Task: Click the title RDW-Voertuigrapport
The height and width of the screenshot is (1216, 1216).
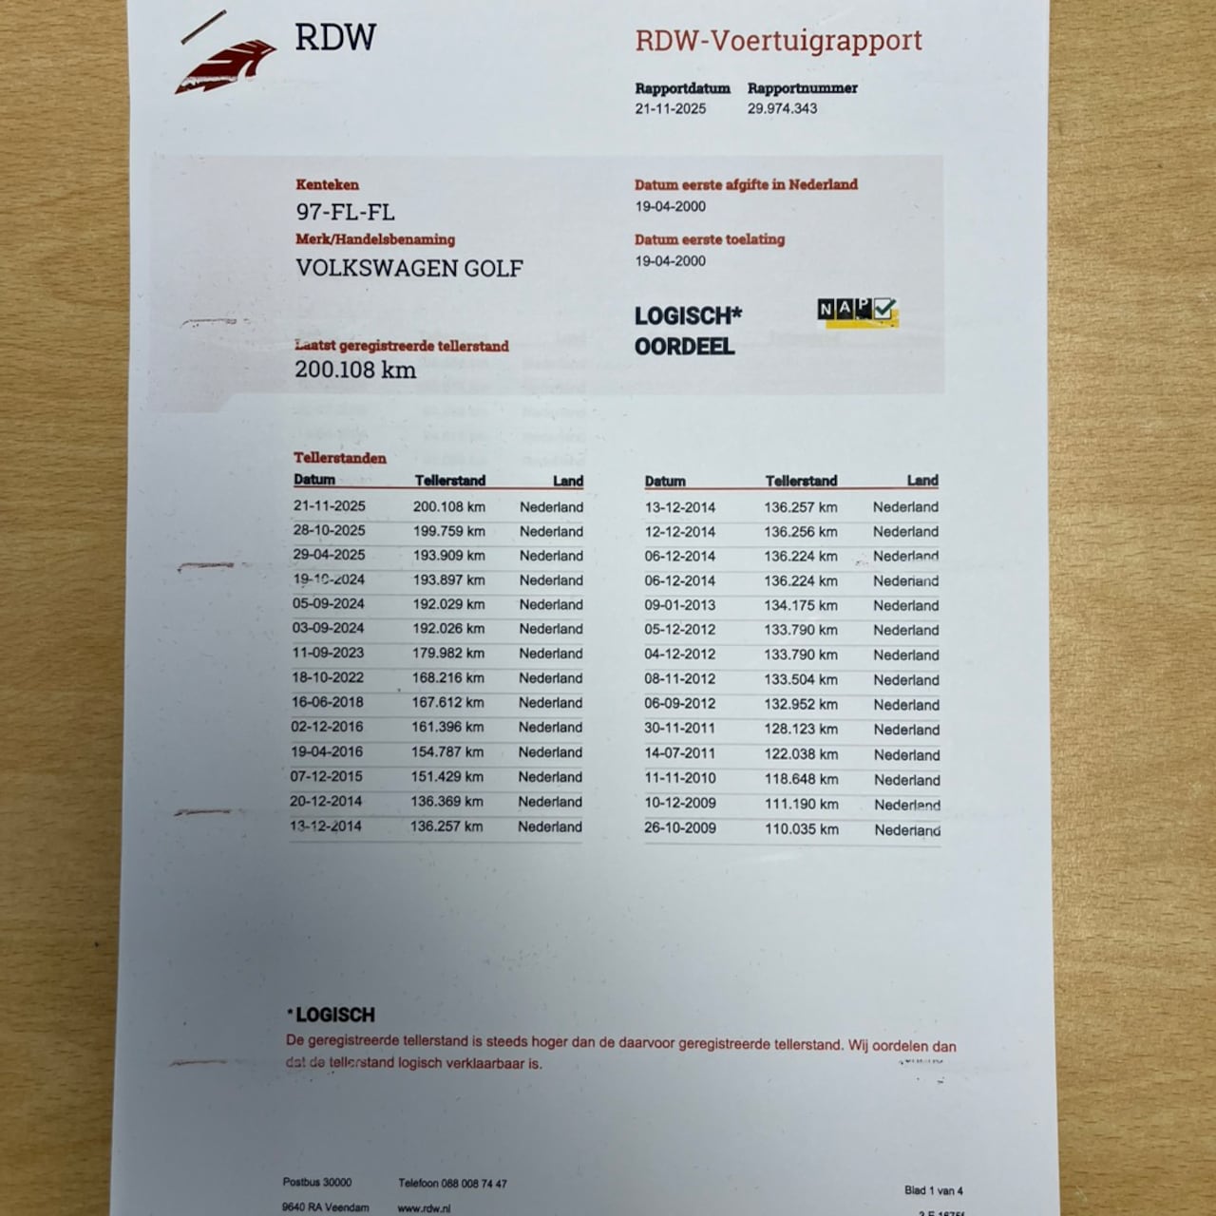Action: [x=778, y=41]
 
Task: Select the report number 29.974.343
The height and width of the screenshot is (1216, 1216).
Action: [x=782, y=108]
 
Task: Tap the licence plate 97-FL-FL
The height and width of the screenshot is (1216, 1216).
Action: [x=345, y=212]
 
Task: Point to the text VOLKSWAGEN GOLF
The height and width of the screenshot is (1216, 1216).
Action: [x=408, y=268]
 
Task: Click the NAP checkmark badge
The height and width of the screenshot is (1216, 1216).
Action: [x=857, y=311]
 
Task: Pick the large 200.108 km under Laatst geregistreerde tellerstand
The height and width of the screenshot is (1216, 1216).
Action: [x=354, y=370]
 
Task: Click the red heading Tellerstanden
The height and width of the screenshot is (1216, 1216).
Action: [x=340, y=458]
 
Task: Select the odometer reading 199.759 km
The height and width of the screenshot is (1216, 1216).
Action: [x=448, y=531]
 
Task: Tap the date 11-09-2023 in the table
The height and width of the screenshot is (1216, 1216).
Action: [x=328, y=653]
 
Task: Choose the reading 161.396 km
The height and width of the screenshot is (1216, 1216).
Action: [x=447, y=727]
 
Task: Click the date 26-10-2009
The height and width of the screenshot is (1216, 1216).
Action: [x=680, y=827]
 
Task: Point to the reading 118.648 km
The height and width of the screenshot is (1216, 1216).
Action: [x=801, y=779]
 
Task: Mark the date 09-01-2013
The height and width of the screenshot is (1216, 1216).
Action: [x=680, y=605]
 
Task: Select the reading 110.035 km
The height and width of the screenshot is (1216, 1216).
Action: [x=802, y=828]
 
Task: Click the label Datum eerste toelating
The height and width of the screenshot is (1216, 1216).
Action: [x=710, y=239]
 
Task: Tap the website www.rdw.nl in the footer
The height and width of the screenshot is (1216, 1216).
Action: [x=424, y=1208]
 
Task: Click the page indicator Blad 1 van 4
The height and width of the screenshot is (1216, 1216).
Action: [x=933, y=1190]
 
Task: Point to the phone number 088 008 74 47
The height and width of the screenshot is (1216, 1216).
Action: [x=474, y=1184]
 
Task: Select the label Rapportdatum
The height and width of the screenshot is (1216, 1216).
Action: [x=682, y=88]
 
